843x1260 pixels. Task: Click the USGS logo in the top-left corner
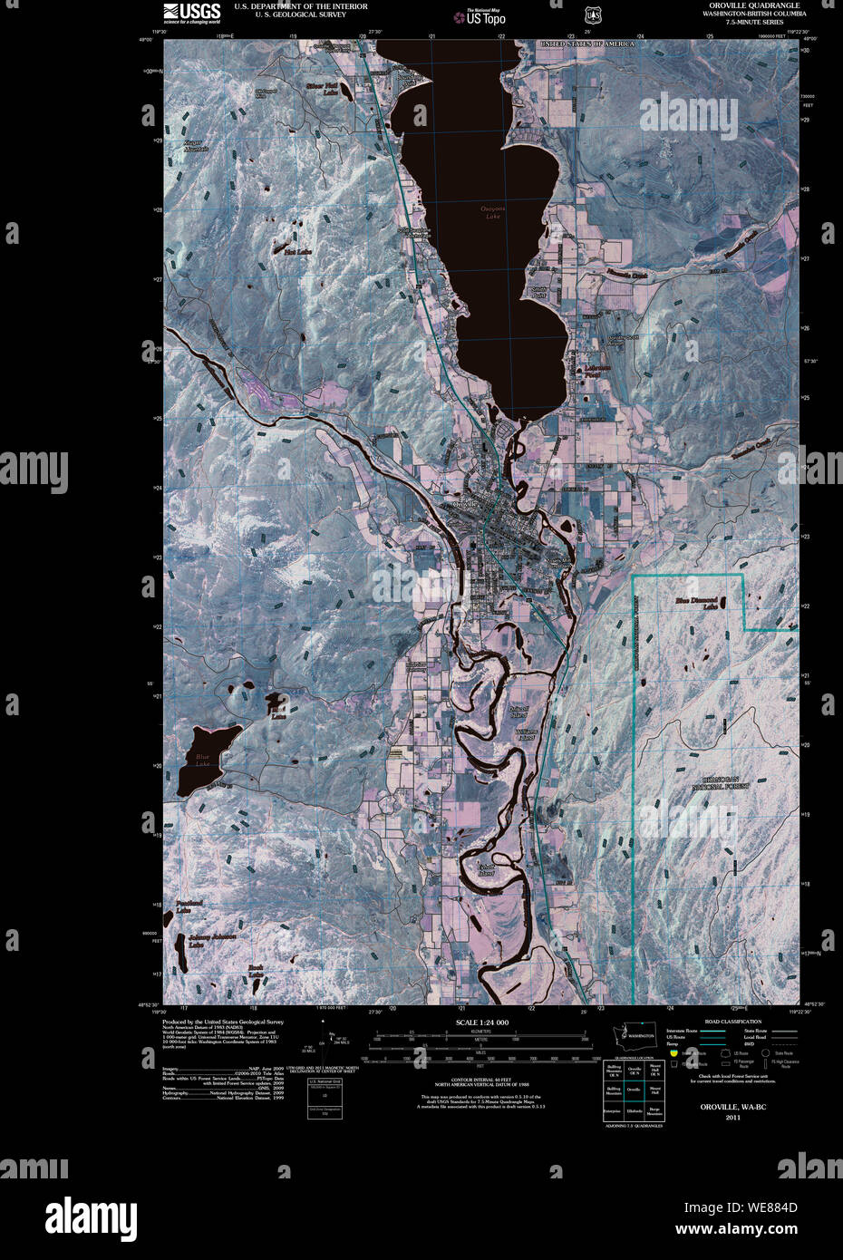click(x=191, y=12)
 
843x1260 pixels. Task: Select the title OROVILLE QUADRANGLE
click(x=754, y=5)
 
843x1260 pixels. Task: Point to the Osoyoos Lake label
click(x=492, y=213)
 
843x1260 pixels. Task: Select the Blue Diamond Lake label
click(x=696, y=603)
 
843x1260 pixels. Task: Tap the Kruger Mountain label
click(x=196, y=146)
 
